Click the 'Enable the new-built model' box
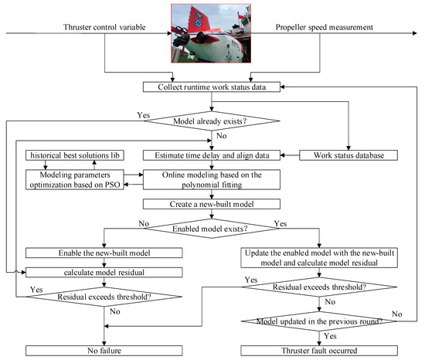104,253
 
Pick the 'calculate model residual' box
104,271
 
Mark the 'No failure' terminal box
104,351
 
